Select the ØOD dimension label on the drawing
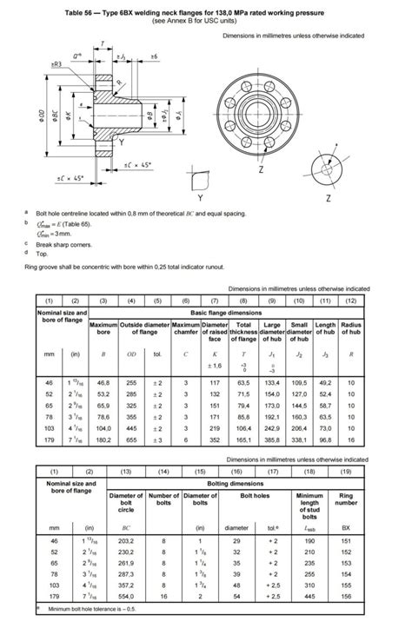click(40, 118)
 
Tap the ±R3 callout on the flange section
click(56, 64)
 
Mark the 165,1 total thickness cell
click(243, 440)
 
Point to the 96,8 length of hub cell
click(325, 440)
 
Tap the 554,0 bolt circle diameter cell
click(103, 596)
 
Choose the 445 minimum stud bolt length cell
click(309, 596)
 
